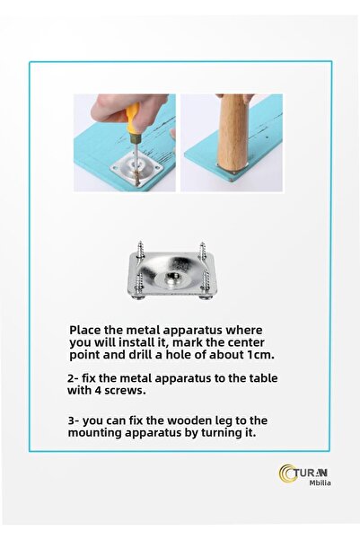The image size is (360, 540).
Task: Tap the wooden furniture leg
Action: pyautogui.click(x=232, y=133)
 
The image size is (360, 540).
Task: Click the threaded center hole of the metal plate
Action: pyautogui.click(x=171, y=276)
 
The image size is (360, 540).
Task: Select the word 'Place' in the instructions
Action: pyautogui.click(x=85, y=330)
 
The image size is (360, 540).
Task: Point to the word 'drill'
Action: pyautogui.click(x=140, y=355)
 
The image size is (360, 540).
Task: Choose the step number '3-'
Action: pyautogui.click(x=74, y=420)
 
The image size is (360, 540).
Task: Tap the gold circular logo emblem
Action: pyautogui.click(x=287, y=474)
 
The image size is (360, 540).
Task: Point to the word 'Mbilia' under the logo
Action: pyautogui.click(x=320, y=482)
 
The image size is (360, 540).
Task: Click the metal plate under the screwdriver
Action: pyautogui.click(x=136, y=167)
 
